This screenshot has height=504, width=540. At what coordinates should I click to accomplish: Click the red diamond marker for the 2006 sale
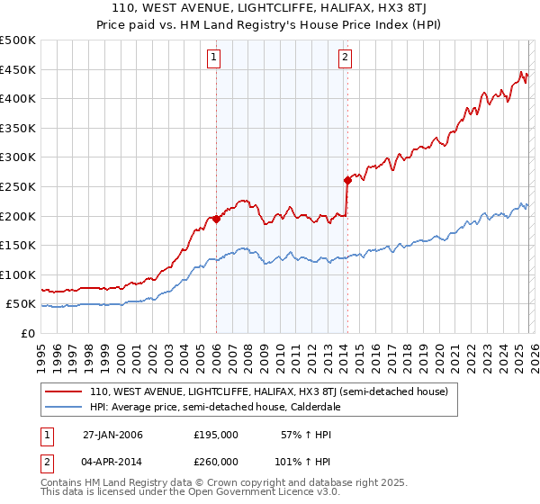point(216,219)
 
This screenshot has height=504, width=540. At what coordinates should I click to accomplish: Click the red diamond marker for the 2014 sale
point(346,180)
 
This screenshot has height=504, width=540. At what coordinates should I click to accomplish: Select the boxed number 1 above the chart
point(215,58)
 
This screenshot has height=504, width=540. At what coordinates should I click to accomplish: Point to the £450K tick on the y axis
point(19,69)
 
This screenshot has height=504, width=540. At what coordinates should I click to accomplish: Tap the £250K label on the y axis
point(19,186)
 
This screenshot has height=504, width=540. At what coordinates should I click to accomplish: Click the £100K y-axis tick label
point(19,274)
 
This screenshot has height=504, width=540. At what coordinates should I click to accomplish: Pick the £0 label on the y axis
point(29,333)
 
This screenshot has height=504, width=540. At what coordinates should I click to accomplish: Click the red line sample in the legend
point(64,391)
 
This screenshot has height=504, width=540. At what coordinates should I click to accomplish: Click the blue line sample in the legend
point(64,407)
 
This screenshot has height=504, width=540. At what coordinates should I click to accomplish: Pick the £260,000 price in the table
point(216,461)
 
